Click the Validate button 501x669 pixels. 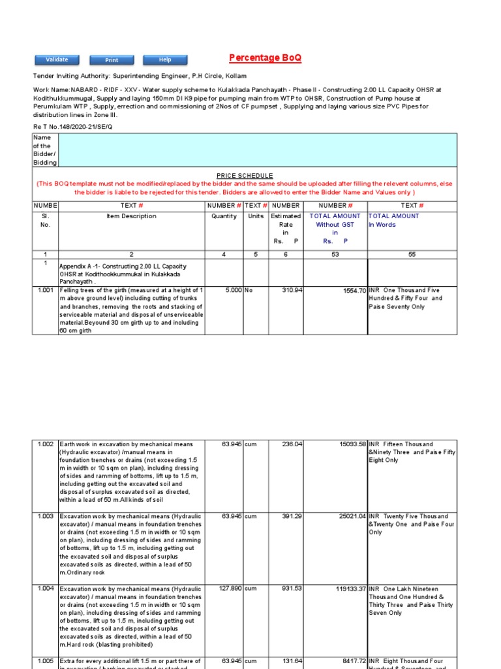pyautogui.click(x=57, y=60)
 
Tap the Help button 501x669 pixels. pyautogui.click(x=165, y=60)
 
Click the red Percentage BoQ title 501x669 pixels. pyautogui.click(x=266, y=58)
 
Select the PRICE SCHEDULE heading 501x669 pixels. pyautogui.click(x=245, y=176)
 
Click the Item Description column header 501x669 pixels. pyautogui.click(x=131, y=216)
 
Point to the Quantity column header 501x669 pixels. pyautogui.click(x=224, y=216)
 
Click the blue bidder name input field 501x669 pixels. pyautogui.click(x=257, y=150)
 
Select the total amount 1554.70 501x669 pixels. pyautogui.click(x=352, y=291)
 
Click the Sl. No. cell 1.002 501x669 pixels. pyautogui.click(x=45, y=444)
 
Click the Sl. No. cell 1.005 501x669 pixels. pyautogui.click(x=45, y=661)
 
